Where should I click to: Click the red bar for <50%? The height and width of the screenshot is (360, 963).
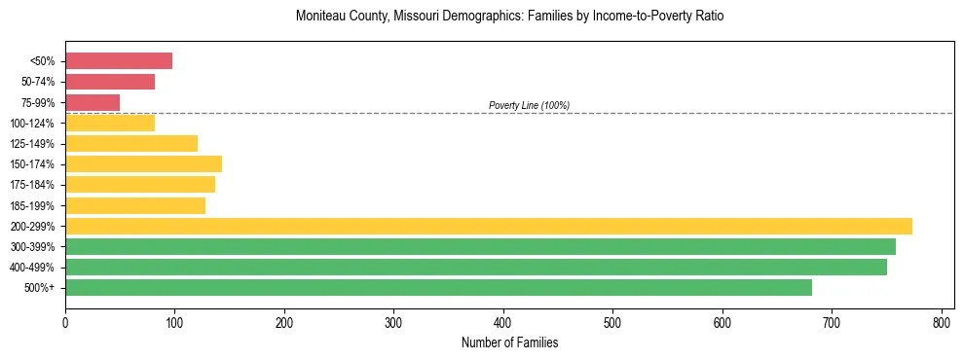point(119,61)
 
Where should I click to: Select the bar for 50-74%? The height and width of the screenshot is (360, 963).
point(110,82)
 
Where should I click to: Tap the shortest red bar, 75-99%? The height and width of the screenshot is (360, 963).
point(93,102)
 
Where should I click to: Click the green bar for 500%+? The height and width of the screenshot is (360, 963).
point(438,287)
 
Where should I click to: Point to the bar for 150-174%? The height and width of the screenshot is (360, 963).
point(143,164)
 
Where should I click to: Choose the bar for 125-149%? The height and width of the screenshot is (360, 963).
point(131,144)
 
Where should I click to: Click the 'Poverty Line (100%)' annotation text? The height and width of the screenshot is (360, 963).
point(529,105)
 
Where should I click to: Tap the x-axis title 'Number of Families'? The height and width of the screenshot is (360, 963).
point(509,342)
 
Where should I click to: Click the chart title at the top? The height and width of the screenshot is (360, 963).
point(509,17)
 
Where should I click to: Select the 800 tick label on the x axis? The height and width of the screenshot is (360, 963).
point(942,321)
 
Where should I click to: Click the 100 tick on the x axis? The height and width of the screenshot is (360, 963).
point(174,321)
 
